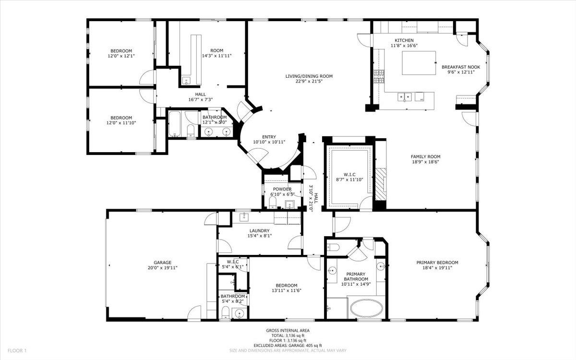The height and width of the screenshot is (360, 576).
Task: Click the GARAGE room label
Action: [163, 263]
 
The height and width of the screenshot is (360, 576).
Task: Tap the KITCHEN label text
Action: [404, 40]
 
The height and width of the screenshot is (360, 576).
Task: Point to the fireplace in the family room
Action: [380, 185]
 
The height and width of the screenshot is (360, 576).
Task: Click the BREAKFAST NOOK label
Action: [458, 67]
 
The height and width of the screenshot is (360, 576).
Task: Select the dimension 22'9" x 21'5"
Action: [309, 82]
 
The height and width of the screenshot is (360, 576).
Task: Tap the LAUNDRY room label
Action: [259, 230]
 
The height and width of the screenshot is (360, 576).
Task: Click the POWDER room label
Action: [282, 189]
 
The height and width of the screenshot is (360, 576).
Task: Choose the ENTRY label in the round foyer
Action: [268, 137]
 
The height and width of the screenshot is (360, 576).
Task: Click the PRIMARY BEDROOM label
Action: [437, 263]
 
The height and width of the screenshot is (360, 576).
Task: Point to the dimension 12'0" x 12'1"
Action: [121, 56]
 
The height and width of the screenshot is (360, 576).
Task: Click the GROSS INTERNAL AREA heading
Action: [288, 330]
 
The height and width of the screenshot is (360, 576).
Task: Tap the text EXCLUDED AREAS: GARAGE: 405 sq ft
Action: [288, 345]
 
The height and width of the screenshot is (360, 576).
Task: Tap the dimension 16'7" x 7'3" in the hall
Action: [201, 99]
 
